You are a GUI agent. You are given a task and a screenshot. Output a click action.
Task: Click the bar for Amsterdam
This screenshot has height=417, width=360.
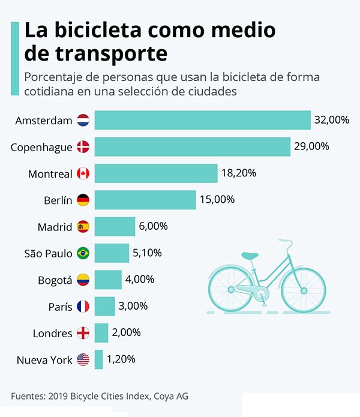click(x=202, y=120)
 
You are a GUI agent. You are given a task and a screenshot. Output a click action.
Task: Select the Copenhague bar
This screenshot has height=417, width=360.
click(x=192, y=147)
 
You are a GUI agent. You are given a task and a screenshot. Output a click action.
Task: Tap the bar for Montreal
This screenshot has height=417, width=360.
click(x=155, y=173)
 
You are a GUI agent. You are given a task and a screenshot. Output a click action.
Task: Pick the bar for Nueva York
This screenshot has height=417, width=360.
click(x=98, y=359)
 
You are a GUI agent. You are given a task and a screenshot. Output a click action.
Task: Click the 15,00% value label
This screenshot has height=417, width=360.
click(x=217, y=200)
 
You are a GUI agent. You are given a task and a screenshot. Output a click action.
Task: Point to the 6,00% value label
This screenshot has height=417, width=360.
click(x=154, y=226)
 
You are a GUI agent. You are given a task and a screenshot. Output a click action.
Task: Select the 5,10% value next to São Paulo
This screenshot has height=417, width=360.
click(x=148, y=253)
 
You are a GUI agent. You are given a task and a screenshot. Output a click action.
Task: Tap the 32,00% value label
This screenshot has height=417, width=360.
click(x=331, y=120)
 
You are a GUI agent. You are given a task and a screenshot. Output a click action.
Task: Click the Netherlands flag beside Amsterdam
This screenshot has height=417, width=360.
click(x=83, y=120)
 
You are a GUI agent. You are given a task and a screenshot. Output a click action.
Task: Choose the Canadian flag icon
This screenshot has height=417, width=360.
click(x=83, y=174)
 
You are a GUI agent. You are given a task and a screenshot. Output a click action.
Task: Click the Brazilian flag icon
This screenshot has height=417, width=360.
click(x=83, y=253)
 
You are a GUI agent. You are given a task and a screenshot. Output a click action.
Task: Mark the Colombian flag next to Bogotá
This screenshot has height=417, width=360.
click(x=83, y=280)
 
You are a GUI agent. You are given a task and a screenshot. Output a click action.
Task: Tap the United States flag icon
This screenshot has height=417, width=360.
click(x=83, y=360)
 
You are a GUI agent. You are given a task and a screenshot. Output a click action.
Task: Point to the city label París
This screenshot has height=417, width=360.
click(x=60, y=307)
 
